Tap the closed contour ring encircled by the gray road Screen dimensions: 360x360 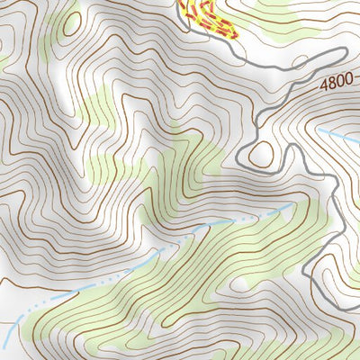260,153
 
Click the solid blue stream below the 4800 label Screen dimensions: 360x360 337,136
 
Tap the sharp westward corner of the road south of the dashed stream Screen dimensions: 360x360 304,270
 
